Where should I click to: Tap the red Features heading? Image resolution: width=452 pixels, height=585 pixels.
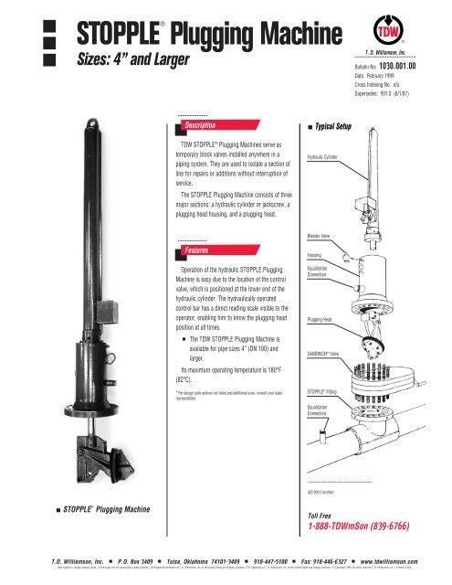click(x=196, y=249)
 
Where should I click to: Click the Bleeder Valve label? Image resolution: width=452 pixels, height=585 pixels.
click(x=320, y=235)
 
